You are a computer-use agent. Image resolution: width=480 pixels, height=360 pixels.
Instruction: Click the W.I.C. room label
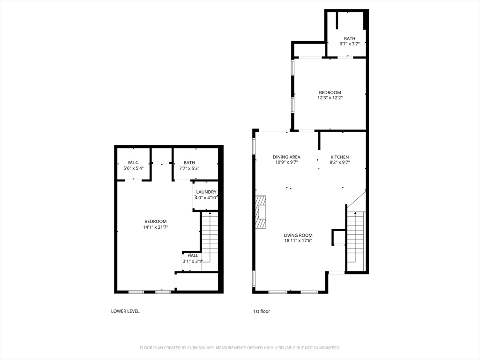tap(133, 163)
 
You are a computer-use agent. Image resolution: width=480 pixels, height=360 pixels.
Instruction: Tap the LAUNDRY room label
tap(206, 192)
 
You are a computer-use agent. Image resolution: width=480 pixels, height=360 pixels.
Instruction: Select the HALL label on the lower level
tap(193, 255)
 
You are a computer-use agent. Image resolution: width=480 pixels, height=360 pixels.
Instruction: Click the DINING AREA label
tap(286, 157)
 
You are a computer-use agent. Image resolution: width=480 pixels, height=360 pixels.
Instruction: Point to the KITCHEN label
tap(339, 157)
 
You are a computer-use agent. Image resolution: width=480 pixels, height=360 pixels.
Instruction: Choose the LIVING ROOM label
tap(298, 235)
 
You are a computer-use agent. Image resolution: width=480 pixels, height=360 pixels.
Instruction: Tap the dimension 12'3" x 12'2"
tap(330, 98)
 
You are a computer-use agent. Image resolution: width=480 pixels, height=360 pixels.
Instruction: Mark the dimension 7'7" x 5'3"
tap(189, 168)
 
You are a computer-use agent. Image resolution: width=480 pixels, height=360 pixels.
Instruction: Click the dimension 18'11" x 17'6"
tap(298, 240)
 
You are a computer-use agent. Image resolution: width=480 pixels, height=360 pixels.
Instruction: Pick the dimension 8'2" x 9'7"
tap(339, 163)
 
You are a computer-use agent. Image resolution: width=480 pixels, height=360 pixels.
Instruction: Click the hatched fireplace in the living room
tap(261, 211)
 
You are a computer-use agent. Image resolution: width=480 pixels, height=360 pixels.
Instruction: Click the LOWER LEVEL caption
tap(125, 311)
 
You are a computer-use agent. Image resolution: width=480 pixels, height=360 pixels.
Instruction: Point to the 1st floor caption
tap(262, 311)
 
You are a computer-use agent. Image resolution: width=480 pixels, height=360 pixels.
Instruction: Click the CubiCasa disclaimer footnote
tap(240, 348)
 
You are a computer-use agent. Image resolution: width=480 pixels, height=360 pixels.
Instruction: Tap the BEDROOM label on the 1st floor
tap(330, 92)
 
